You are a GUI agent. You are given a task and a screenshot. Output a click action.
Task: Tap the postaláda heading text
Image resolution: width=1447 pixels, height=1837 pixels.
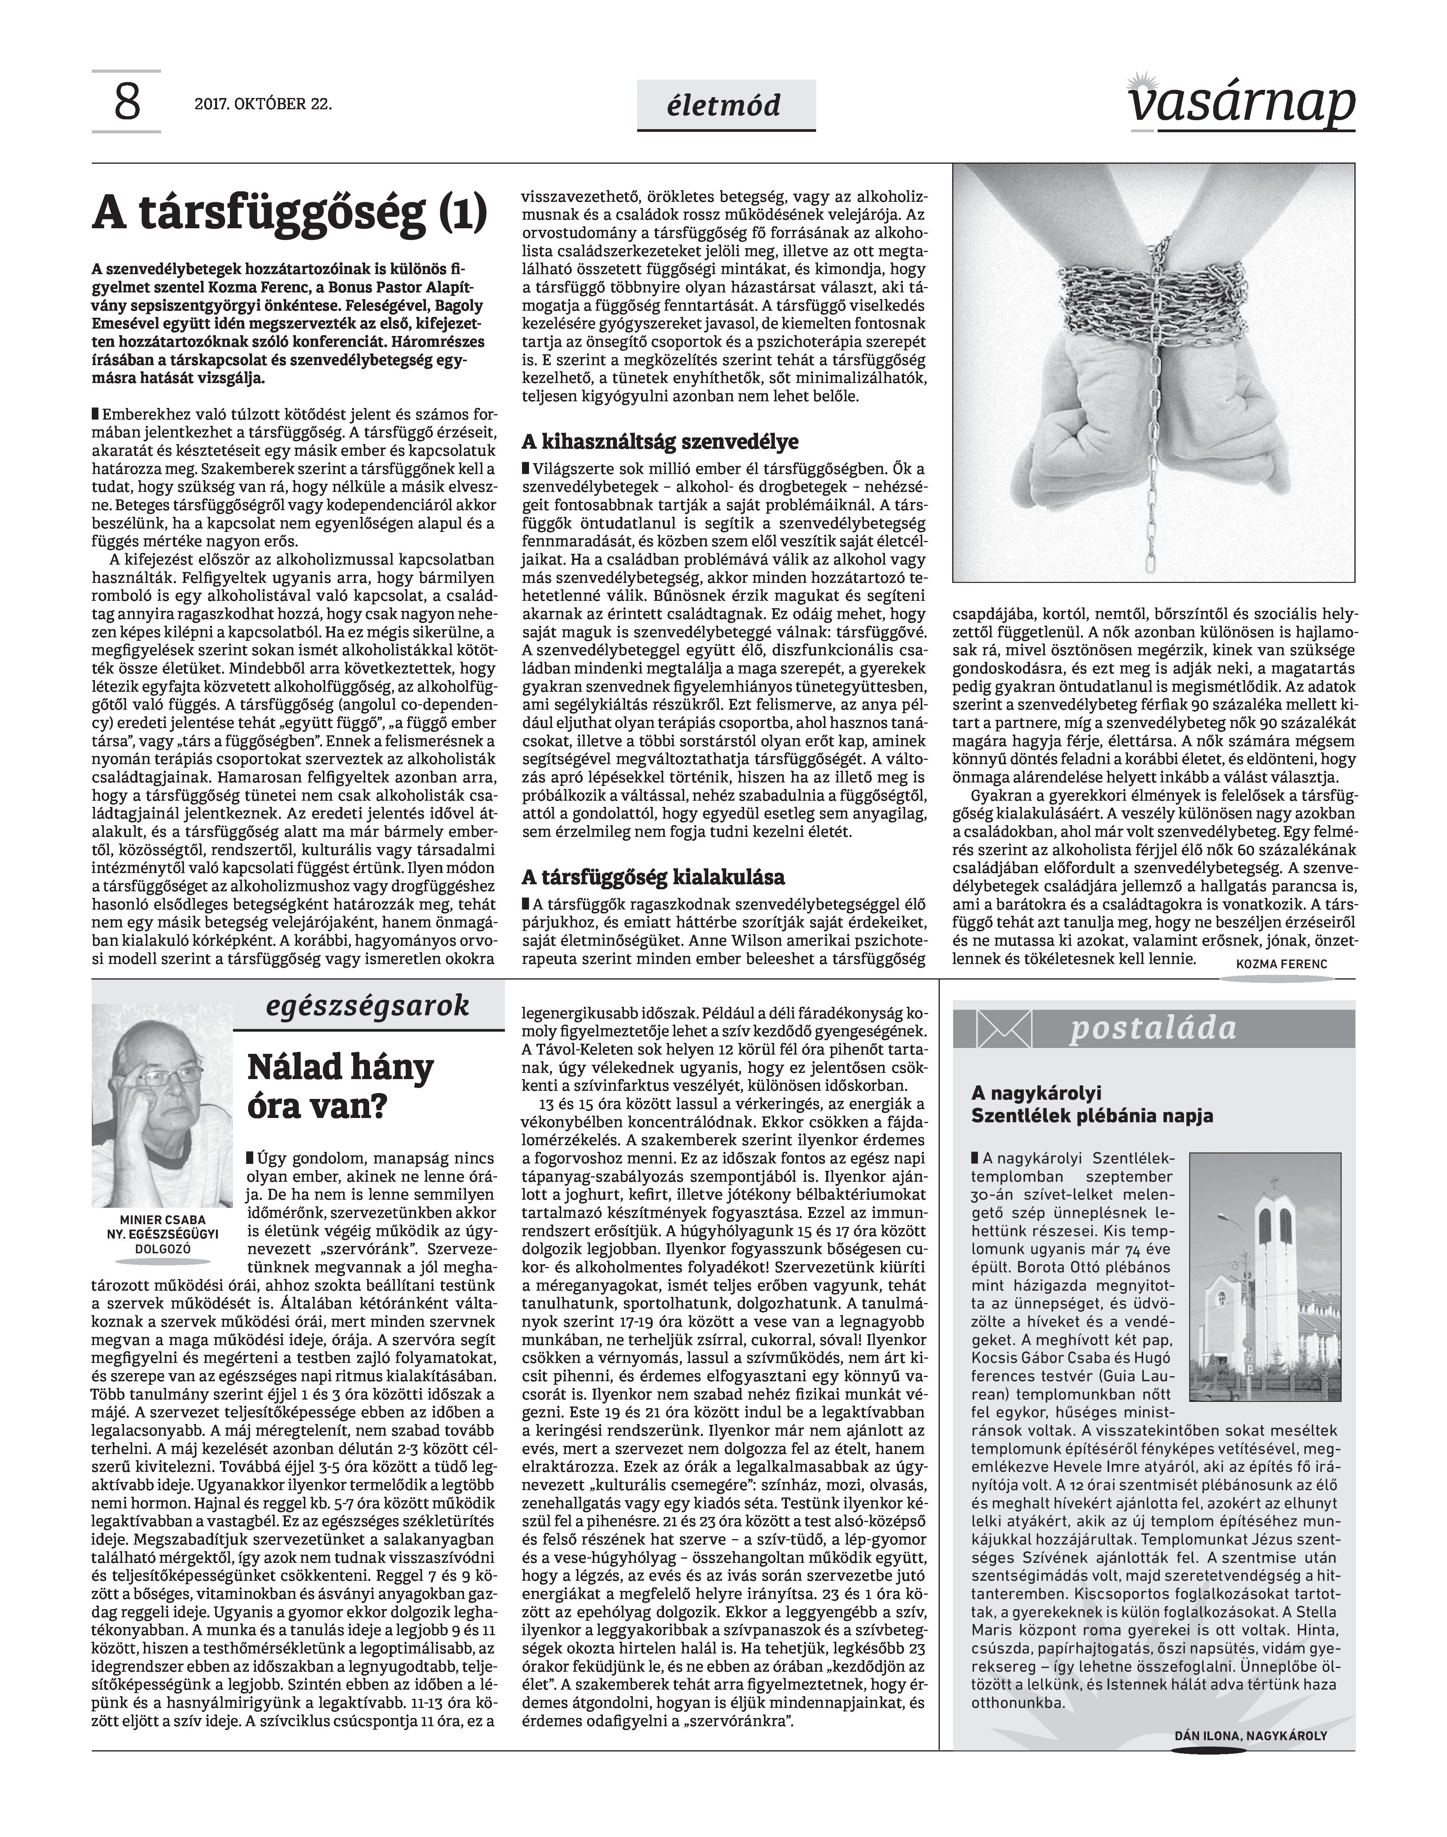click(1153, 1028)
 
